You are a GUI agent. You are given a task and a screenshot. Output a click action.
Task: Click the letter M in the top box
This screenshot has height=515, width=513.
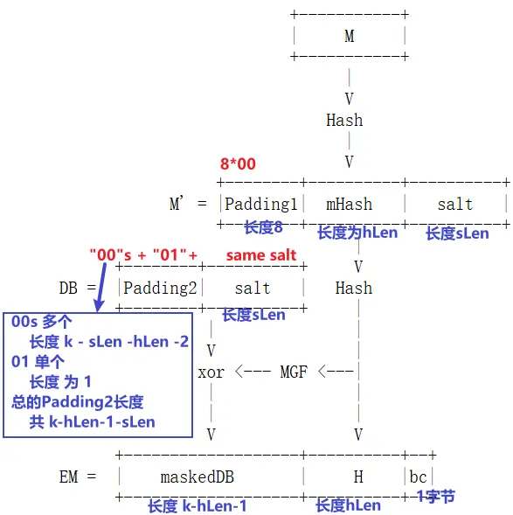point(350,37)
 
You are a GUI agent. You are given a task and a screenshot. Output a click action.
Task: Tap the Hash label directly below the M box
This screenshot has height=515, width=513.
point(344,120)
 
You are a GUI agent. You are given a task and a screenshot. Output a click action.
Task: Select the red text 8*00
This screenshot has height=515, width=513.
point(238,164)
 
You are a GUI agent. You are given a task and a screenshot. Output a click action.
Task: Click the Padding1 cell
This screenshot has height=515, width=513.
point(261,204)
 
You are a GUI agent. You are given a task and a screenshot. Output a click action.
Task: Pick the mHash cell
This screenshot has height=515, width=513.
point(350,204)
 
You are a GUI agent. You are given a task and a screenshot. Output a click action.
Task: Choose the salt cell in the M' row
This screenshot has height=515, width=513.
point(455,204)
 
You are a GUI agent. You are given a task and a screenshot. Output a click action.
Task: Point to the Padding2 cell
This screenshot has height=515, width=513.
point(161,288)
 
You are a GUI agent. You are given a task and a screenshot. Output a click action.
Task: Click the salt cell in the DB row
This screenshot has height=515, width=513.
point(253,288)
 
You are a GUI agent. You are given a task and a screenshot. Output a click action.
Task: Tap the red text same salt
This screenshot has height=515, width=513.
point(261,255)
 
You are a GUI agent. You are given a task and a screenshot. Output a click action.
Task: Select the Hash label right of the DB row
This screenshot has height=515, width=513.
point(354,288)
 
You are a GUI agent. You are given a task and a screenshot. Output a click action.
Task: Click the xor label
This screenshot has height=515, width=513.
point(211,372)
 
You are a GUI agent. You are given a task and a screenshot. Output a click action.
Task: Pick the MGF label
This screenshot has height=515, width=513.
point(294,372)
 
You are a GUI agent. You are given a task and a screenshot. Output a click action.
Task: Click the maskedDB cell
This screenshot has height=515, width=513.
point(198,477)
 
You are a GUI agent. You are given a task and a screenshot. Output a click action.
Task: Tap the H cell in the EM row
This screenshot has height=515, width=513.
point(358,477)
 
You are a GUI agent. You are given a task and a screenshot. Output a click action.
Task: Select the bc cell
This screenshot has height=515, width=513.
point(419,477)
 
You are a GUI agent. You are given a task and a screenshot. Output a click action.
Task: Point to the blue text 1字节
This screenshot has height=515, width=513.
point(435,497)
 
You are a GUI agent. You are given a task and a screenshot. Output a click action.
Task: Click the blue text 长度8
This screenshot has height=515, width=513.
point(263,227)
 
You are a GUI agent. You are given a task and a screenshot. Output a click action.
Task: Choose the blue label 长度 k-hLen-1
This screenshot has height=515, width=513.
point(197,505)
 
